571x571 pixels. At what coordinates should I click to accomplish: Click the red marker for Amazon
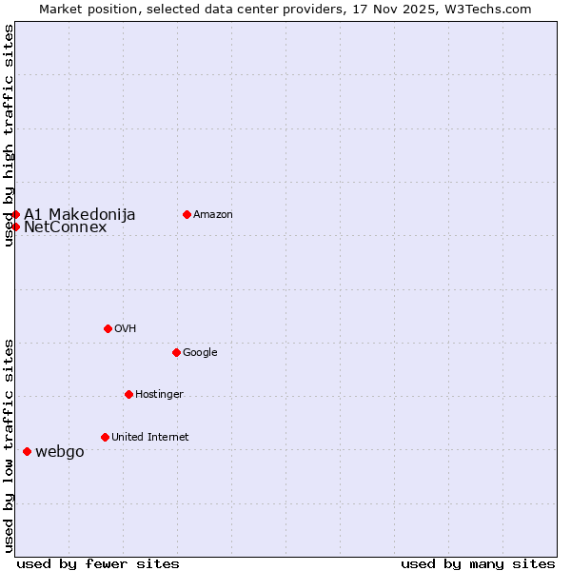click(x=187, y=214)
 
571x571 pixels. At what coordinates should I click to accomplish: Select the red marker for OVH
click(x=108, y=328)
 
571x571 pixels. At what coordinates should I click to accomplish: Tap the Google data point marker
click(x=176, y=352)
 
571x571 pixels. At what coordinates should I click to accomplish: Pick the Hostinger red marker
click(x=128, y=394)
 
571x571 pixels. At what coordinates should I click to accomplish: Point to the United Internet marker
click(x=105, y=437)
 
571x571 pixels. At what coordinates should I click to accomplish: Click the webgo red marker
click(x=27, y=451)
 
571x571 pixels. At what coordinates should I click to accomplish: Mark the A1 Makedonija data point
click(x=16, y=214)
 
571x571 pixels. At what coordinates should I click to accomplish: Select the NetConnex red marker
click(x=16, y=226)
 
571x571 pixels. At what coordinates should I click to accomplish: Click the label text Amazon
click(x=213, y=214)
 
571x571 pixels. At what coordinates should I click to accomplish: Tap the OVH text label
click(x=126, y=328)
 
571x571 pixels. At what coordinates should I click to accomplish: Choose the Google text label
click(x=200, y=352)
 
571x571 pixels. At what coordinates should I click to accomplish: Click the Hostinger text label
click(x=159, y=394)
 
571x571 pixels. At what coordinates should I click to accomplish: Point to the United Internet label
click(x=149, y=437)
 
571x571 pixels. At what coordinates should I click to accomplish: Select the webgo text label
click(x=59, y=451)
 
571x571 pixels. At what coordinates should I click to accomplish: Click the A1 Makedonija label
click(x=79, y=214)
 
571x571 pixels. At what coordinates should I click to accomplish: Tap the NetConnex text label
click(x=65, y=227)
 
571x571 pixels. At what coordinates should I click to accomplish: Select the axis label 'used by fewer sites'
click(x=98, y=563)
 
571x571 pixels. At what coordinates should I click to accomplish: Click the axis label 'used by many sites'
click(x=478, y=563)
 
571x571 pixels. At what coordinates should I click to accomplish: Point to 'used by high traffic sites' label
click(x=9, y=135)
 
